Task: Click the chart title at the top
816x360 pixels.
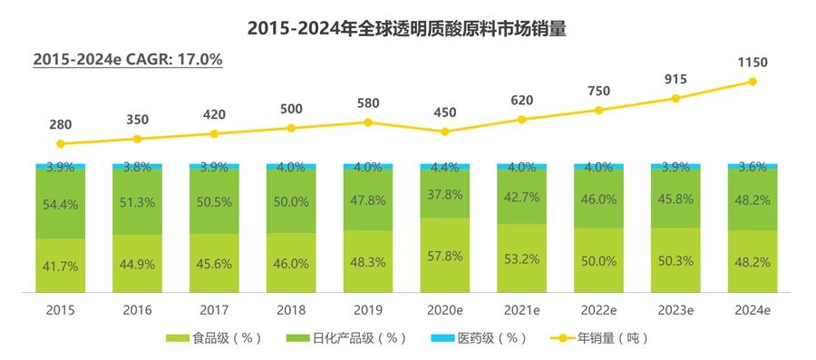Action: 407,28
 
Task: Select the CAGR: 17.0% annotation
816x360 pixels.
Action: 128,59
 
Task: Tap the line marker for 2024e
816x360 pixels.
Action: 753,82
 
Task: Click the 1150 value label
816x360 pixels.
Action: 753,62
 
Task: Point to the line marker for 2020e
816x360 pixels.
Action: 444,131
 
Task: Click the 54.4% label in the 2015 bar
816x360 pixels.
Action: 60,205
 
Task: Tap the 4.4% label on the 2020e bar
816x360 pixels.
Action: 444,167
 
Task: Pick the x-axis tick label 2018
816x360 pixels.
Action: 291,309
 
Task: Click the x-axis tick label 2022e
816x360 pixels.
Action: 598,309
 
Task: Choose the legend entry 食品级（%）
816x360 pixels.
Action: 214,338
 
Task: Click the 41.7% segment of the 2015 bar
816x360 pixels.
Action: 60,267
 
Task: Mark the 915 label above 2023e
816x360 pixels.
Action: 675,79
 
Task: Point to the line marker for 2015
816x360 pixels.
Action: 60,143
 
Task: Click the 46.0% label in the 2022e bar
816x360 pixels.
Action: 598,199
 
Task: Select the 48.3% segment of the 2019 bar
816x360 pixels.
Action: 368,263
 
